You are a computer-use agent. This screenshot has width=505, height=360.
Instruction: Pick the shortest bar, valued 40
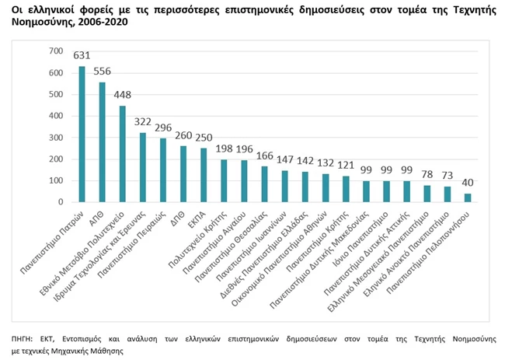(468, 197)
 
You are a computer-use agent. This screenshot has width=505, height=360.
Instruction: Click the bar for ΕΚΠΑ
(204, 175)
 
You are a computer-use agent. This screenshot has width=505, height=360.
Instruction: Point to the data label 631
(82, 56)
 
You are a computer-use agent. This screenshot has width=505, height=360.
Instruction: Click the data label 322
(142, 123)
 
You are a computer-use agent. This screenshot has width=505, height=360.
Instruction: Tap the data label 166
(264, 156)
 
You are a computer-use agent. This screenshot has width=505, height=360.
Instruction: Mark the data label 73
(448, 177)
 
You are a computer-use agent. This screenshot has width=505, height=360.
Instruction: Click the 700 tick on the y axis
(55, 51)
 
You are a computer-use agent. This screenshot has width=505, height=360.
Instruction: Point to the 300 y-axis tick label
(55, 138)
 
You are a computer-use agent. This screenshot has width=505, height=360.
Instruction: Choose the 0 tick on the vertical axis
(61, 202)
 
